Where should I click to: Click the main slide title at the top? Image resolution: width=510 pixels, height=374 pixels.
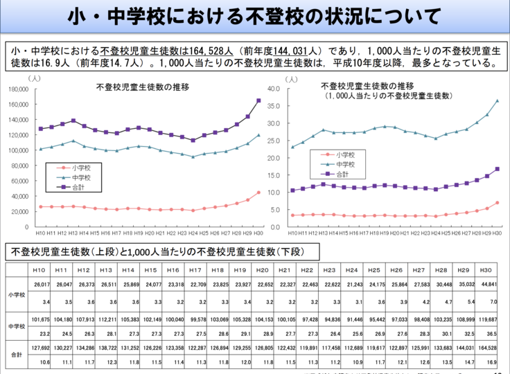coord(255,15)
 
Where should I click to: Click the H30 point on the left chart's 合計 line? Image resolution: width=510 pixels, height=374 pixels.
coord(258,100)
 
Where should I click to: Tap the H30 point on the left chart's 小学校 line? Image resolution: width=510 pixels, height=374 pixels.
coord(258,193)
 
